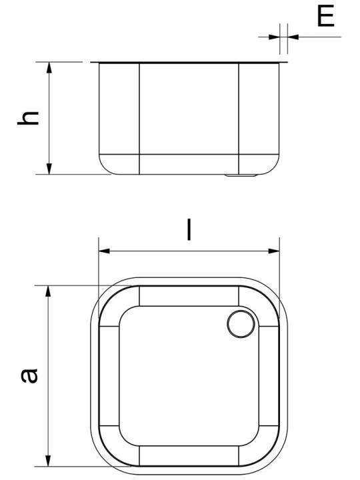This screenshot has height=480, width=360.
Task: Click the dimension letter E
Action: pyautogui.click(x=325, y=15)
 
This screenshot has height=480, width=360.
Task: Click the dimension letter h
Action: pyautogui.click(x=28, y=118)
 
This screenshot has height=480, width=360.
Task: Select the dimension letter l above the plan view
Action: pyautogui.click(x=189, y=229)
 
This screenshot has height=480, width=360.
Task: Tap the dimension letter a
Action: pyautogui.click(x=29, y=375)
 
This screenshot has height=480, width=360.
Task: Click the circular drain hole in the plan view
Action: pyautogui.click(x=241, y=324)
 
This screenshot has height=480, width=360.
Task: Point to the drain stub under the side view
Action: pyautogui.click(x=241, y=175)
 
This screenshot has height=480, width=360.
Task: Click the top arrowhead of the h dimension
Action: pyautogui.click(x=49, y=67)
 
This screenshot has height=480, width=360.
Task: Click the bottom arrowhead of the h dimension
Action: pyautogui.click(x=49, y=169)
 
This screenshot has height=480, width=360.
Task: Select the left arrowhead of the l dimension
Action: pyautogui.click(x=104, y=251)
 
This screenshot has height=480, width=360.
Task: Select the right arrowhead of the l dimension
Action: pyautogui.click(x=274, y=251)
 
